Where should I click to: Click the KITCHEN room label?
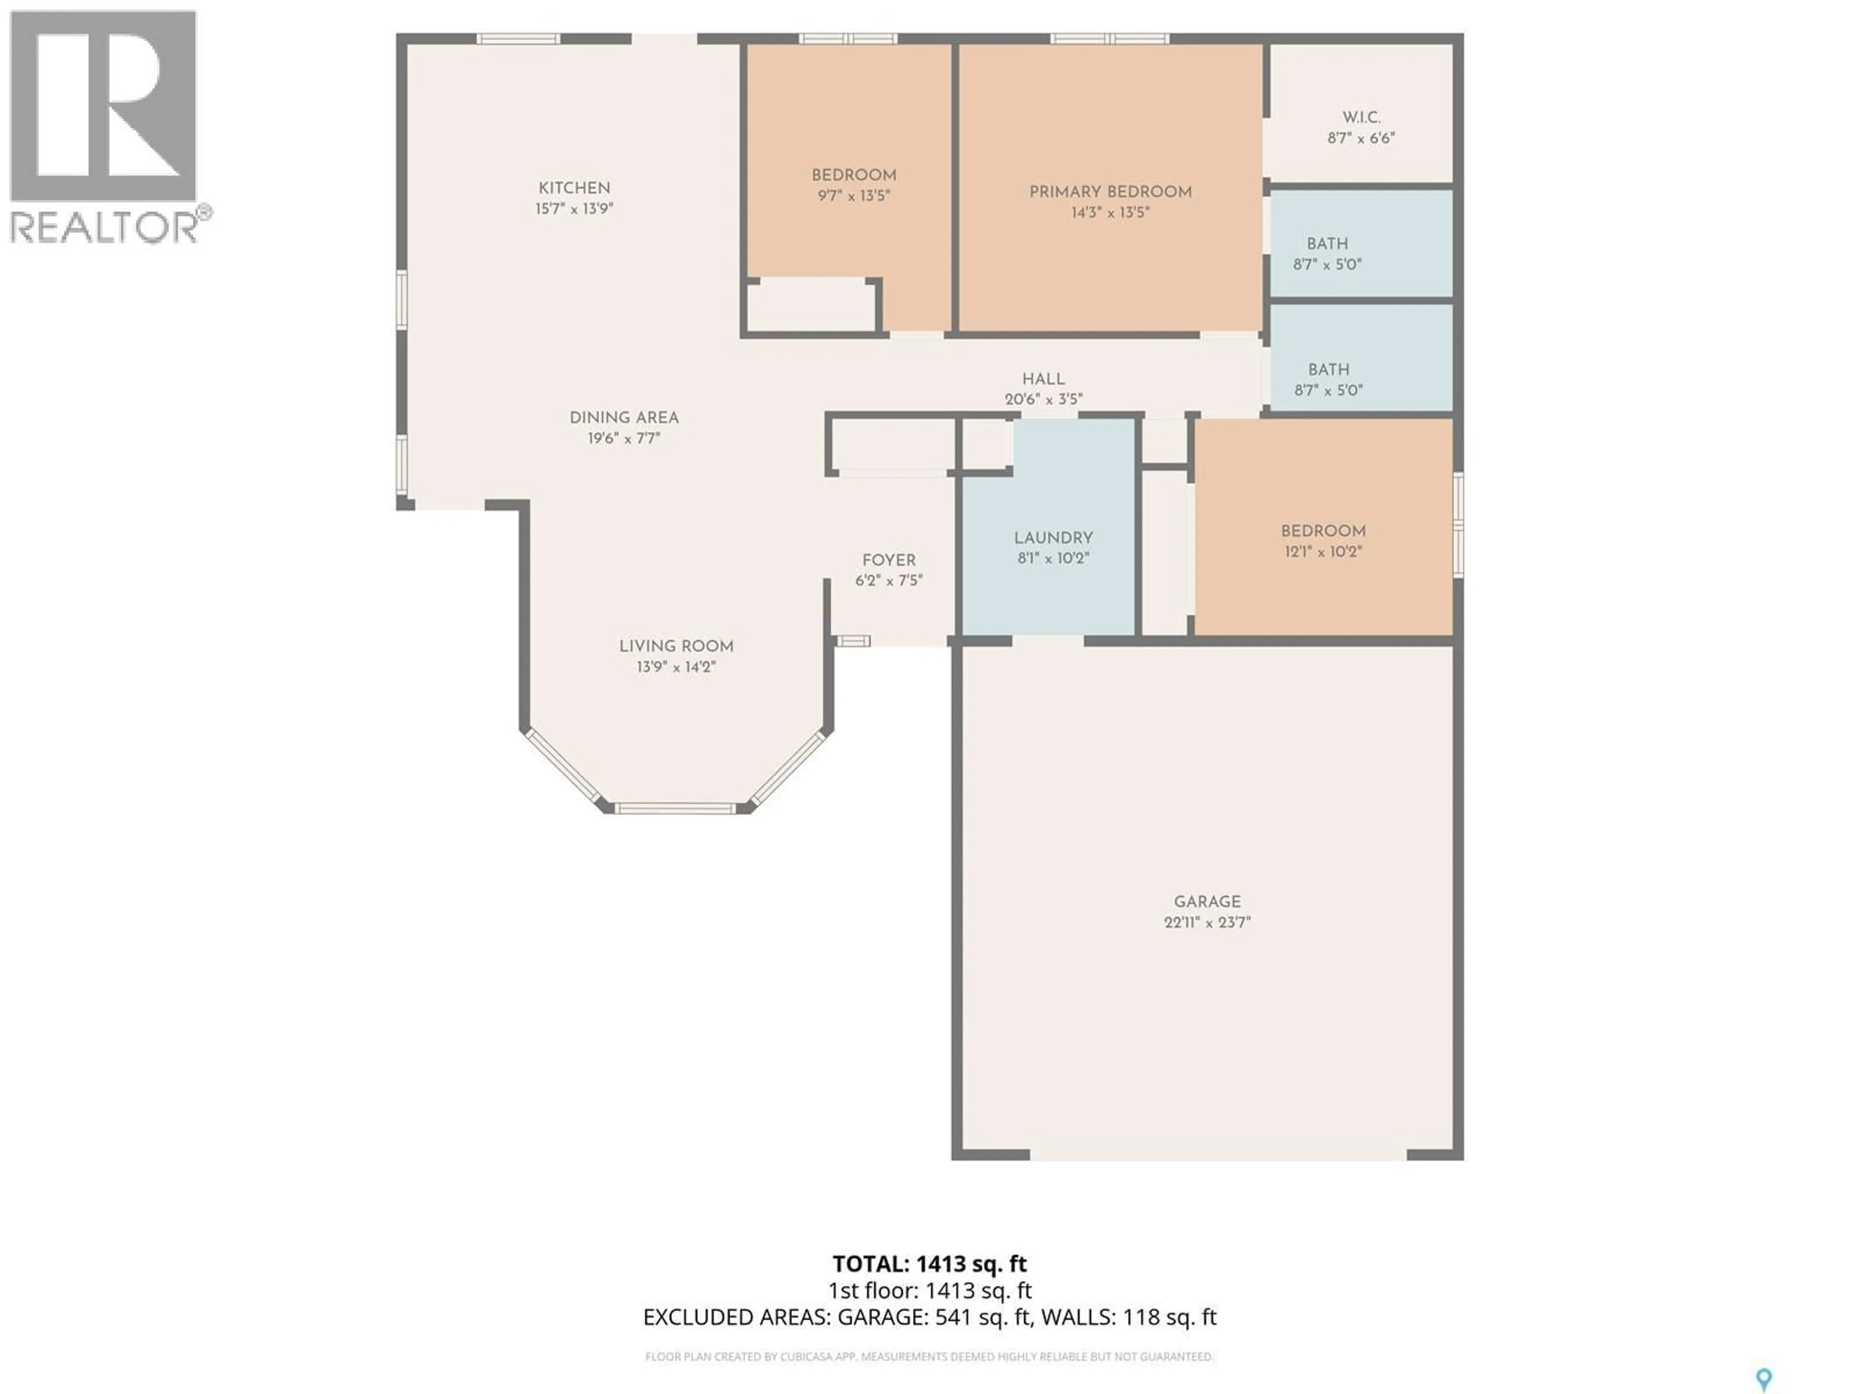574,188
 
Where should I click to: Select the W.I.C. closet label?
1361,118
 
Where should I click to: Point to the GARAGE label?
1207,902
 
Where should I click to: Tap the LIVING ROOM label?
676,646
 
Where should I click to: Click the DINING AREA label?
624,418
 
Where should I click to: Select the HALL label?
1043,379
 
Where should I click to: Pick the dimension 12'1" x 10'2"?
1323,552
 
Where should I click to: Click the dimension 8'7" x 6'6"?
1361,138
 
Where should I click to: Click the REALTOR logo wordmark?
105,227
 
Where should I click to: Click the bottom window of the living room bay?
675,808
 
